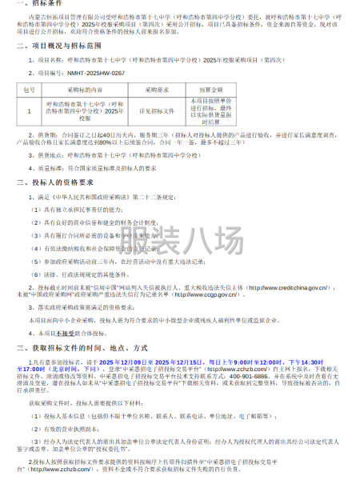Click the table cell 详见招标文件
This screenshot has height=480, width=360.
click(159, 112)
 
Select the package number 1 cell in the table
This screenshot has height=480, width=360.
click(28, 112)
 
